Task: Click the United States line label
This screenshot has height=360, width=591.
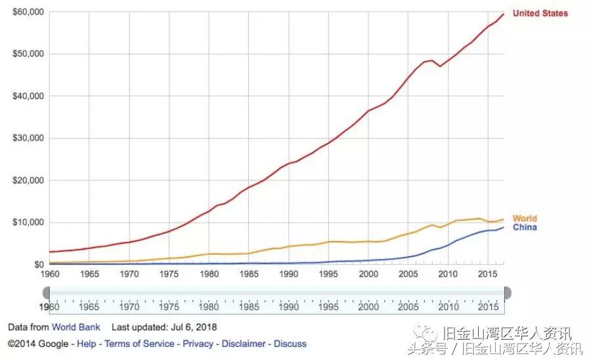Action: tap(540, 13)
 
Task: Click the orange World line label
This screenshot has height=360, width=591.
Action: tap(524, 219)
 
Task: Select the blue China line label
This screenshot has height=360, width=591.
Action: tap(524, 227)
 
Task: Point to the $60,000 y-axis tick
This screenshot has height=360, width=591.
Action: tap(28, 12)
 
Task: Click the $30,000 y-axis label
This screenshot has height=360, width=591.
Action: tap(28, 138)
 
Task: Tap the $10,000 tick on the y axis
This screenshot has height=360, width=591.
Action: tap(28, 222)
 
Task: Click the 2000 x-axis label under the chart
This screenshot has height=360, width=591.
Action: tap(368, 273)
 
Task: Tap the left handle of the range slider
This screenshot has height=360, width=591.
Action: tap(47, 293)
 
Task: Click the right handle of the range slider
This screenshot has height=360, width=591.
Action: tap(507, 293)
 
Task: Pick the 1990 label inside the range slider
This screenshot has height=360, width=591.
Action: tap(288, 306)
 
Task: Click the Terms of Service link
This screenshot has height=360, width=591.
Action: tap(139, 344)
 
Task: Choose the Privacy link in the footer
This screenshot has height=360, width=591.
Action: tap(198, 344)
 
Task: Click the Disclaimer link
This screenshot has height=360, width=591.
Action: tap(244, 344)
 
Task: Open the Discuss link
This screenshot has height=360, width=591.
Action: tap(290, 344)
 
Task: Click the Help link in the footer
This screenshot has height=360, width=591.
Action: tap(87, 344)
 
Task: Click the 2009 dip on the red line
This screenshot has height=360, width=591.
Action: tap(440, 66)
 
